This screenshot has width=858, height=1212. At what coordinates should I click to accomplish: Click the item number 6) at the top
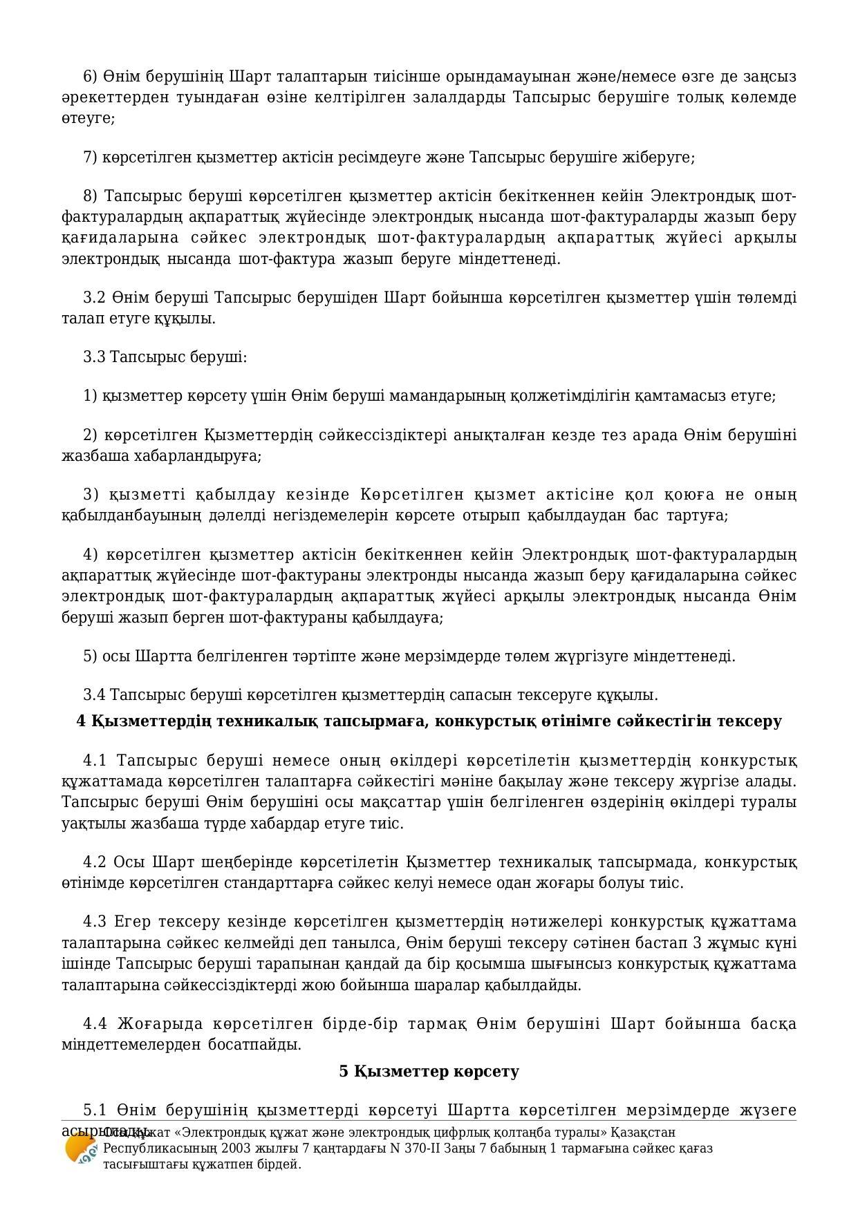91,76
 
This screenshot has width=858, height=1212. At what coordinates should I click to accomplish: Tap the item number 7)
91,158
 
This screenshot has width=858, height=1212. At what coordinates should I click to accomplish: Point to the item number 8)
91,197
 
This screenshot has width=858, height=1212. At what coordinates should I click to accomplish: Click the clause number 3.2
94,298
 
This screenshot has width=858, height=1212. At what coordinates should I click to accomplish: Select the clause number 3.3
94,357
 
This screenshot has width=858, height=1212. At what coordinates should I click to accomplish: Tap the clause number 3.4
94,694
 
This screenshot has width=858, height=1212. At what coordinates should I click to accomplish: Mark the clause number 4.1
95,761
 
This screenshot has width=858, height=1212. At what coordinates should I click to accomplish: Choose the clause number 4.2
95,862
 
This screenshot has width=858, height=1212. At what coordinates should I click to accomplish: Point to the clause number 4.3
95,922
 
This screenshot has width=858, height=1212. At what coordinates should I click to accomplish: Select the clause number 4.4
95,1023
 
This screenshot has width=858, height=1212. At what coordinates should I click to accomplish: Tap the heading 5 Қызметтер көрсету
429,1072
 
